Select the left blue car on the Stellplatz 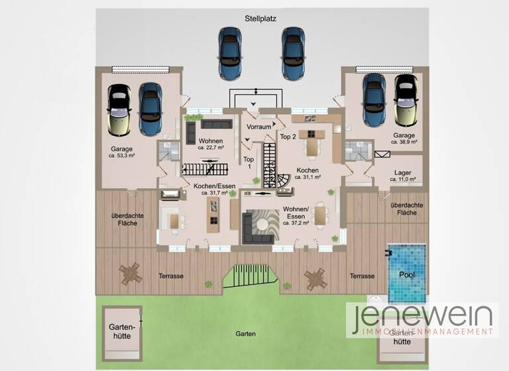229,52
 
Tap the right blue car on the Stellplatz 292,52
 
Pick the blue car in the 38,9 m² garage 374,101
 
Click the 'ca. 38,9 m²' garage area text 404,142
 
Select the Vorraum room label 258,127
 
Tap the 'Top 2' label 288,136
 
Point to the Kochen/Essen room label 213,186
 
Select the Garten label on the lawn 245,334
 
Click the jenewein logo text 422,317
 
